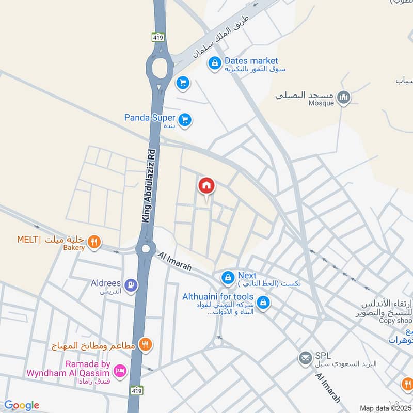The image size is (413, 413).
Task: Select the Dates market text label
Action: click(251, 61)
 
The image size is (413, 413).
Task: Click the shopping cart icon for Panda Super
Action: click(186, 120)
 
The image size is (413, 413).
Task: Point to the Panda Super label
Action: click(150, 118)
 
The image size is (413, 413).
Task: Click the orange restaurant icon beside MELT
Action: click(93, 241)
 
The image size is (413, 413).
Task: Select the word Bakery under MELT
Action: click(74, 248)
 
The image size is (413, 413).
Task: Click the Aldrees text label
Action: click(105, 283)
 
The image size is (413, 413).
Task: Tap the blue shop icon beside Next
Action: click(228, 278)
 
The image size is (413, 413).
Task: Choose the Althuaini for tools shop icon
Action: click(263, 303)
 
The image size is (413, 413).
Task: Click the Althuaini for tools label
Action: click(218, 296)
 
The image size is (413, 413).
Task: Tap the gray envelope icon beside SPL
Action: click(305, 357)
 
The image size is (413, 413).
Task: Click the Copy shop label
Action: click(394, 321)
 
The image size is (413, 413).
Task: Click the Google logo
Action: click(22, 405)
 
